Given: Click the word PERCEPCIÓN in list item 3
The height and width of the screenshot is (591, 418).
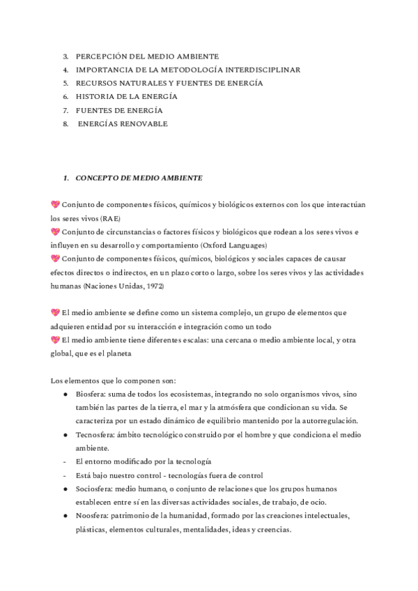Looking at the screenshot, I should (x=100, y=56).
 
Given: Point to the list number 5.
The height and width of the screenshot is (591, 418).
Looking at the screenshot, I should (x=65, y=83).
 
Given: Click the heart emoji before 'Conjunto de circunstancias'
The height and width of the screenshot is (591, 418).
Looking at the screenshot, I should (x=56, y=231).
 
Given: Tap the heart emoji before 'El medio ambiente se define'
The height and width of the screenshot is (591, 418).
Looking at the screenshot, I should (x=56, y=312).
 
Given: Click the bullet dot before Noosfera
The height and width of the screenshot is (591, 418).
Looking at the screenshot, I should (x=65, y=516).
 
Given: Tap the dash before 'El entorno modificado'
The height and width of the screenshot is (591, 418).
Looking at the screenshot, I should (x=65, y=461).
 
